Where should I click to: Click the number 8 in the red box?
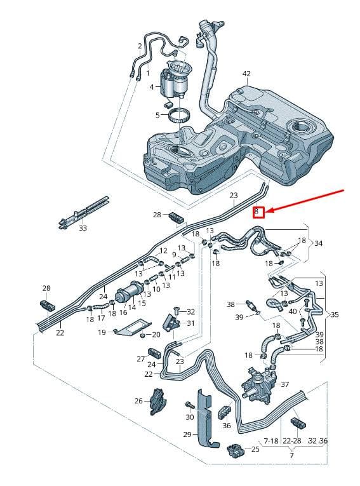tap(257, 212)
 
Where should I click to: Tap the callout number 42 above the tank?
tap(246, 74)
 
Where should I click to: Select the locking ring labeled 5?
tap(179, 117)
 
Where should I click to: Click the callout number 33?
tap(83, 228)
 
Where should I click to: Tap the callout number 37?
tap(284, 384)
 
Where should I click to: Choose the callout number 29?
tap(187, 435)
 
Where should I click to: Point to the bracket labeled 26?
tap(158, 402)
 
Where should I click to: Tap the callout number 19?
tap(102, 332)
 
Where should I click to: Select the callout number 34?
tap(318, 243)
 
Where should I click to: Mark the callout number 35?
tap(335, 314)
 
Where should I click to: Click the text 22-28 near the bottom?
tap(292, 440)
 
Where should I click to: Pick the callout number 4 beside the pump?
tap(152, 87)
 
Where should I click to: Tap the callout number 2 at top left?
tap(140, 46)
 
